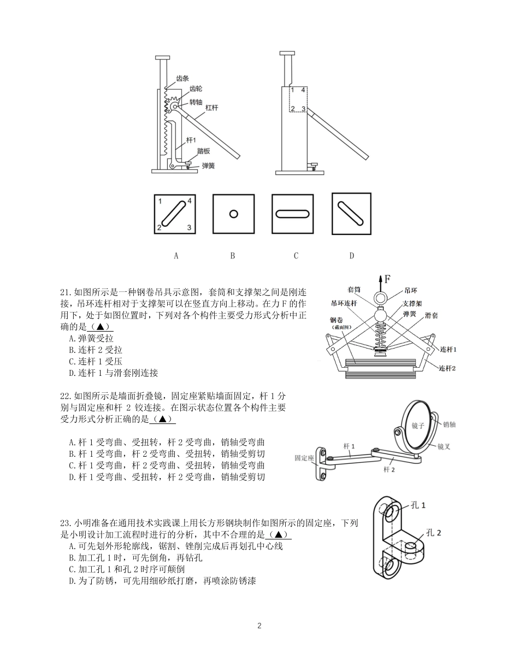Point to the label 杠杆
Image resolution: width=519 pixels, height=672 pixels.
[212, 108]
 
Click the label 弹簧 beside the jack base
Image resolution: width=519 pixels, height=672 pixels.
[208, 165]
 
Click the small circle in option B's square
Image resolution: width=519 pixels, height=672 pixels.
[233, 214]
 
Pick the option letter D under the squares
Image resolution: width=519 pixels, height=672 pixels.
[351, 255]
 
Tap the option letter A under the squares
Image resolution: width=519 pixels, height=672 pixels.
[176, 255]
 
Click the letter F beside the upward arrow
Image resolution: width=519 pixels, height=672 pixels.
[387, 280]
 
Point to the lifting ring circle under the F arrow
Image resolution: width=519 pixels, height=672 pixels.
[380, 298]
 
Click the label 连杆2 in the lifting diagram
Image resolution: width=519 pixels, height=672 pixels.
[447, 368]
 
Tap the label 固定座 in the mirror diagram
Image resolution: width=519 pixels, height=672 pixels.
[303, 458]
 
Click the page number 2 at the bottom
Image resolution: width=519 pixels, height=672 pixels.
[259, 626]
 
